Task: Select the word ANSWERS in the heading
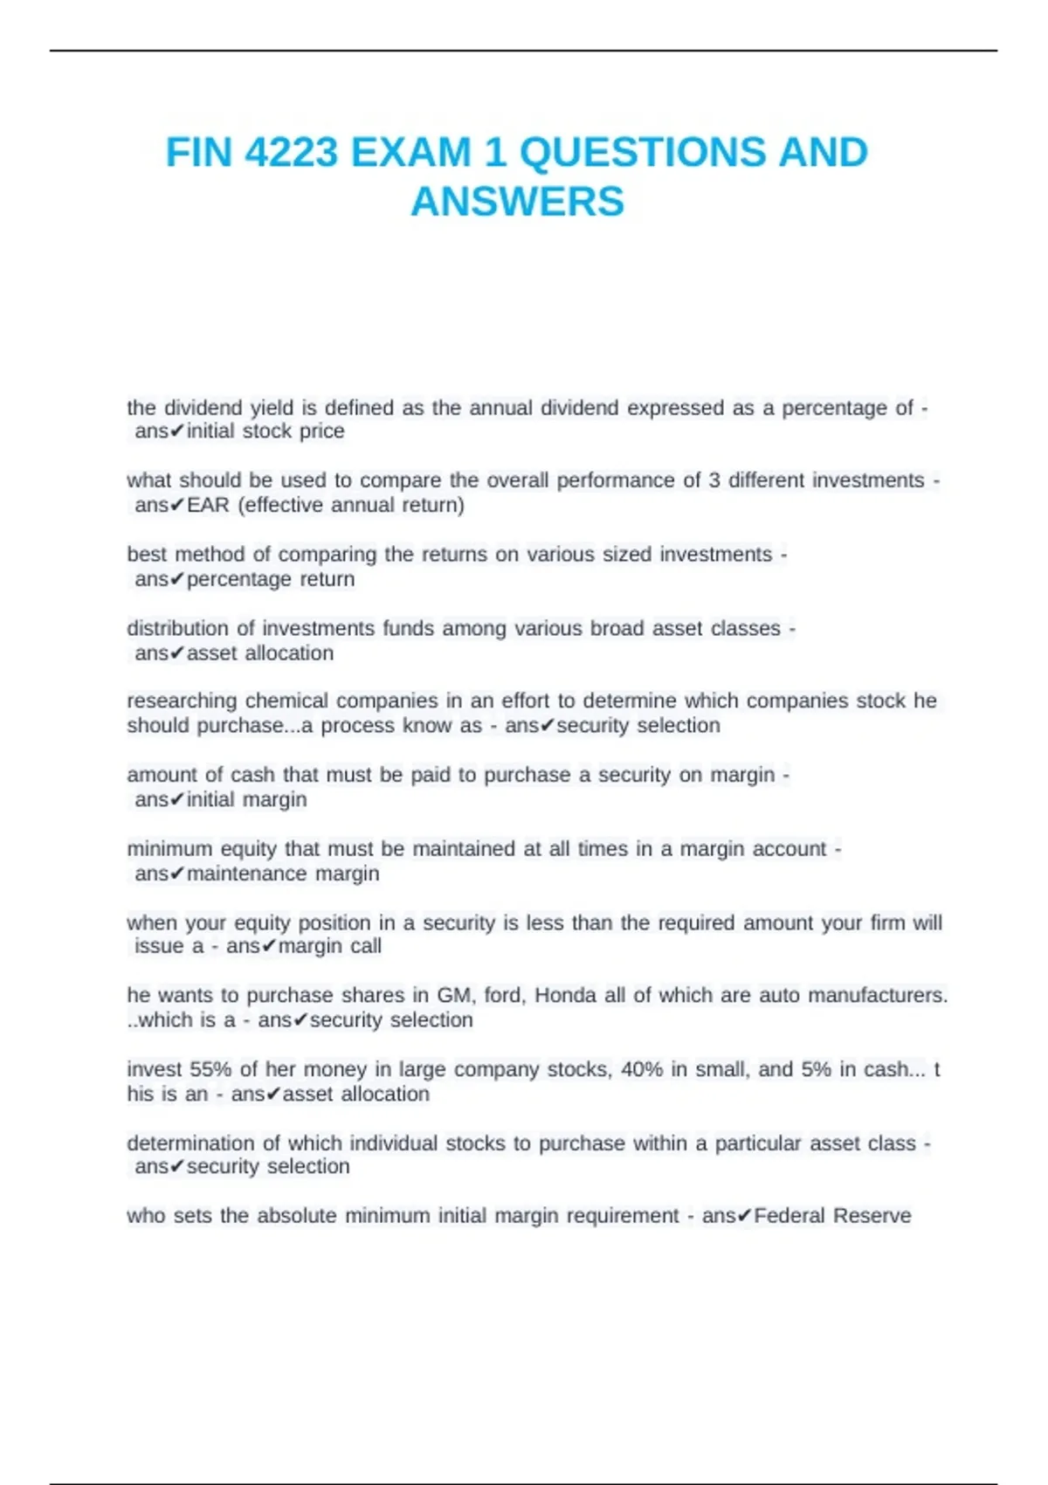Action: click(517, 202)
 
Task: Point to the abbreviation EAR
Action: click(208, 505)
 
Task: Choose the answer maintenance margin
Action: click(283, 874)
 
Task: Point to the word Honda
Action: click(567, 995)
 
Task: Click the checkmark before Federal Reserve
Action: click(744, 1216)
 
